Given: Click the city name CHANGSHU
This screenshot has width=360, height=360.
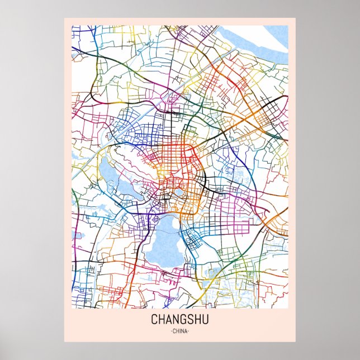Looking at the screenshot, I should [179, 320].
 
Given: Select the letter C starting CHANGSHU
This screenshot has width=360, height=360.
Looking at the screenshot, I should [154, 320].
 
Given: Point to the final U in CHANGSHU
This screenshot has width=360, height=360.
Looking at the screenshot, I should [206, 320].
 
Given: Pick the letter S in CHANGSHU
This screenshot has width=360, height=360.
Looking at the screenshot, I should [191, 320].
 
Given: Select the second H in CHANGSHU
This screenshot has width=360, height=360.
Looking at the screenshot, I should [198, 320].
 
